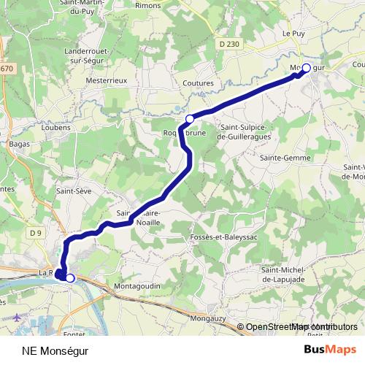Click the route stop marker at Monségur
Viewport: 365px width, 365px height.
(x=307, y=68)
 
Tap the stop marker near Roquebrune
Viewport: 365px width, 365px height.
(x=190, y=119)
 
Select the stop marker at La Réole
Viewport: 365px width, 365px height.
(x=70, y=277)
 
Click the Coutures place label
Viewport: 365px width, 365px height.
(x=198, y=84)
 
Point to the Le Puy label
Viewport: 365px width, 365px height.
(x=293, y=33)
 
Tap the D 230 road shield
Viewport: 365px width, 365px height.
(x=228, y=45)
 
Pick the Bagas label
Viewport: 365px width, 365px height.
(x=18, y=145)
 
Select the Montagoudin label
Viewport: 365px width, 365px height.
(x=137, y=286)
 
